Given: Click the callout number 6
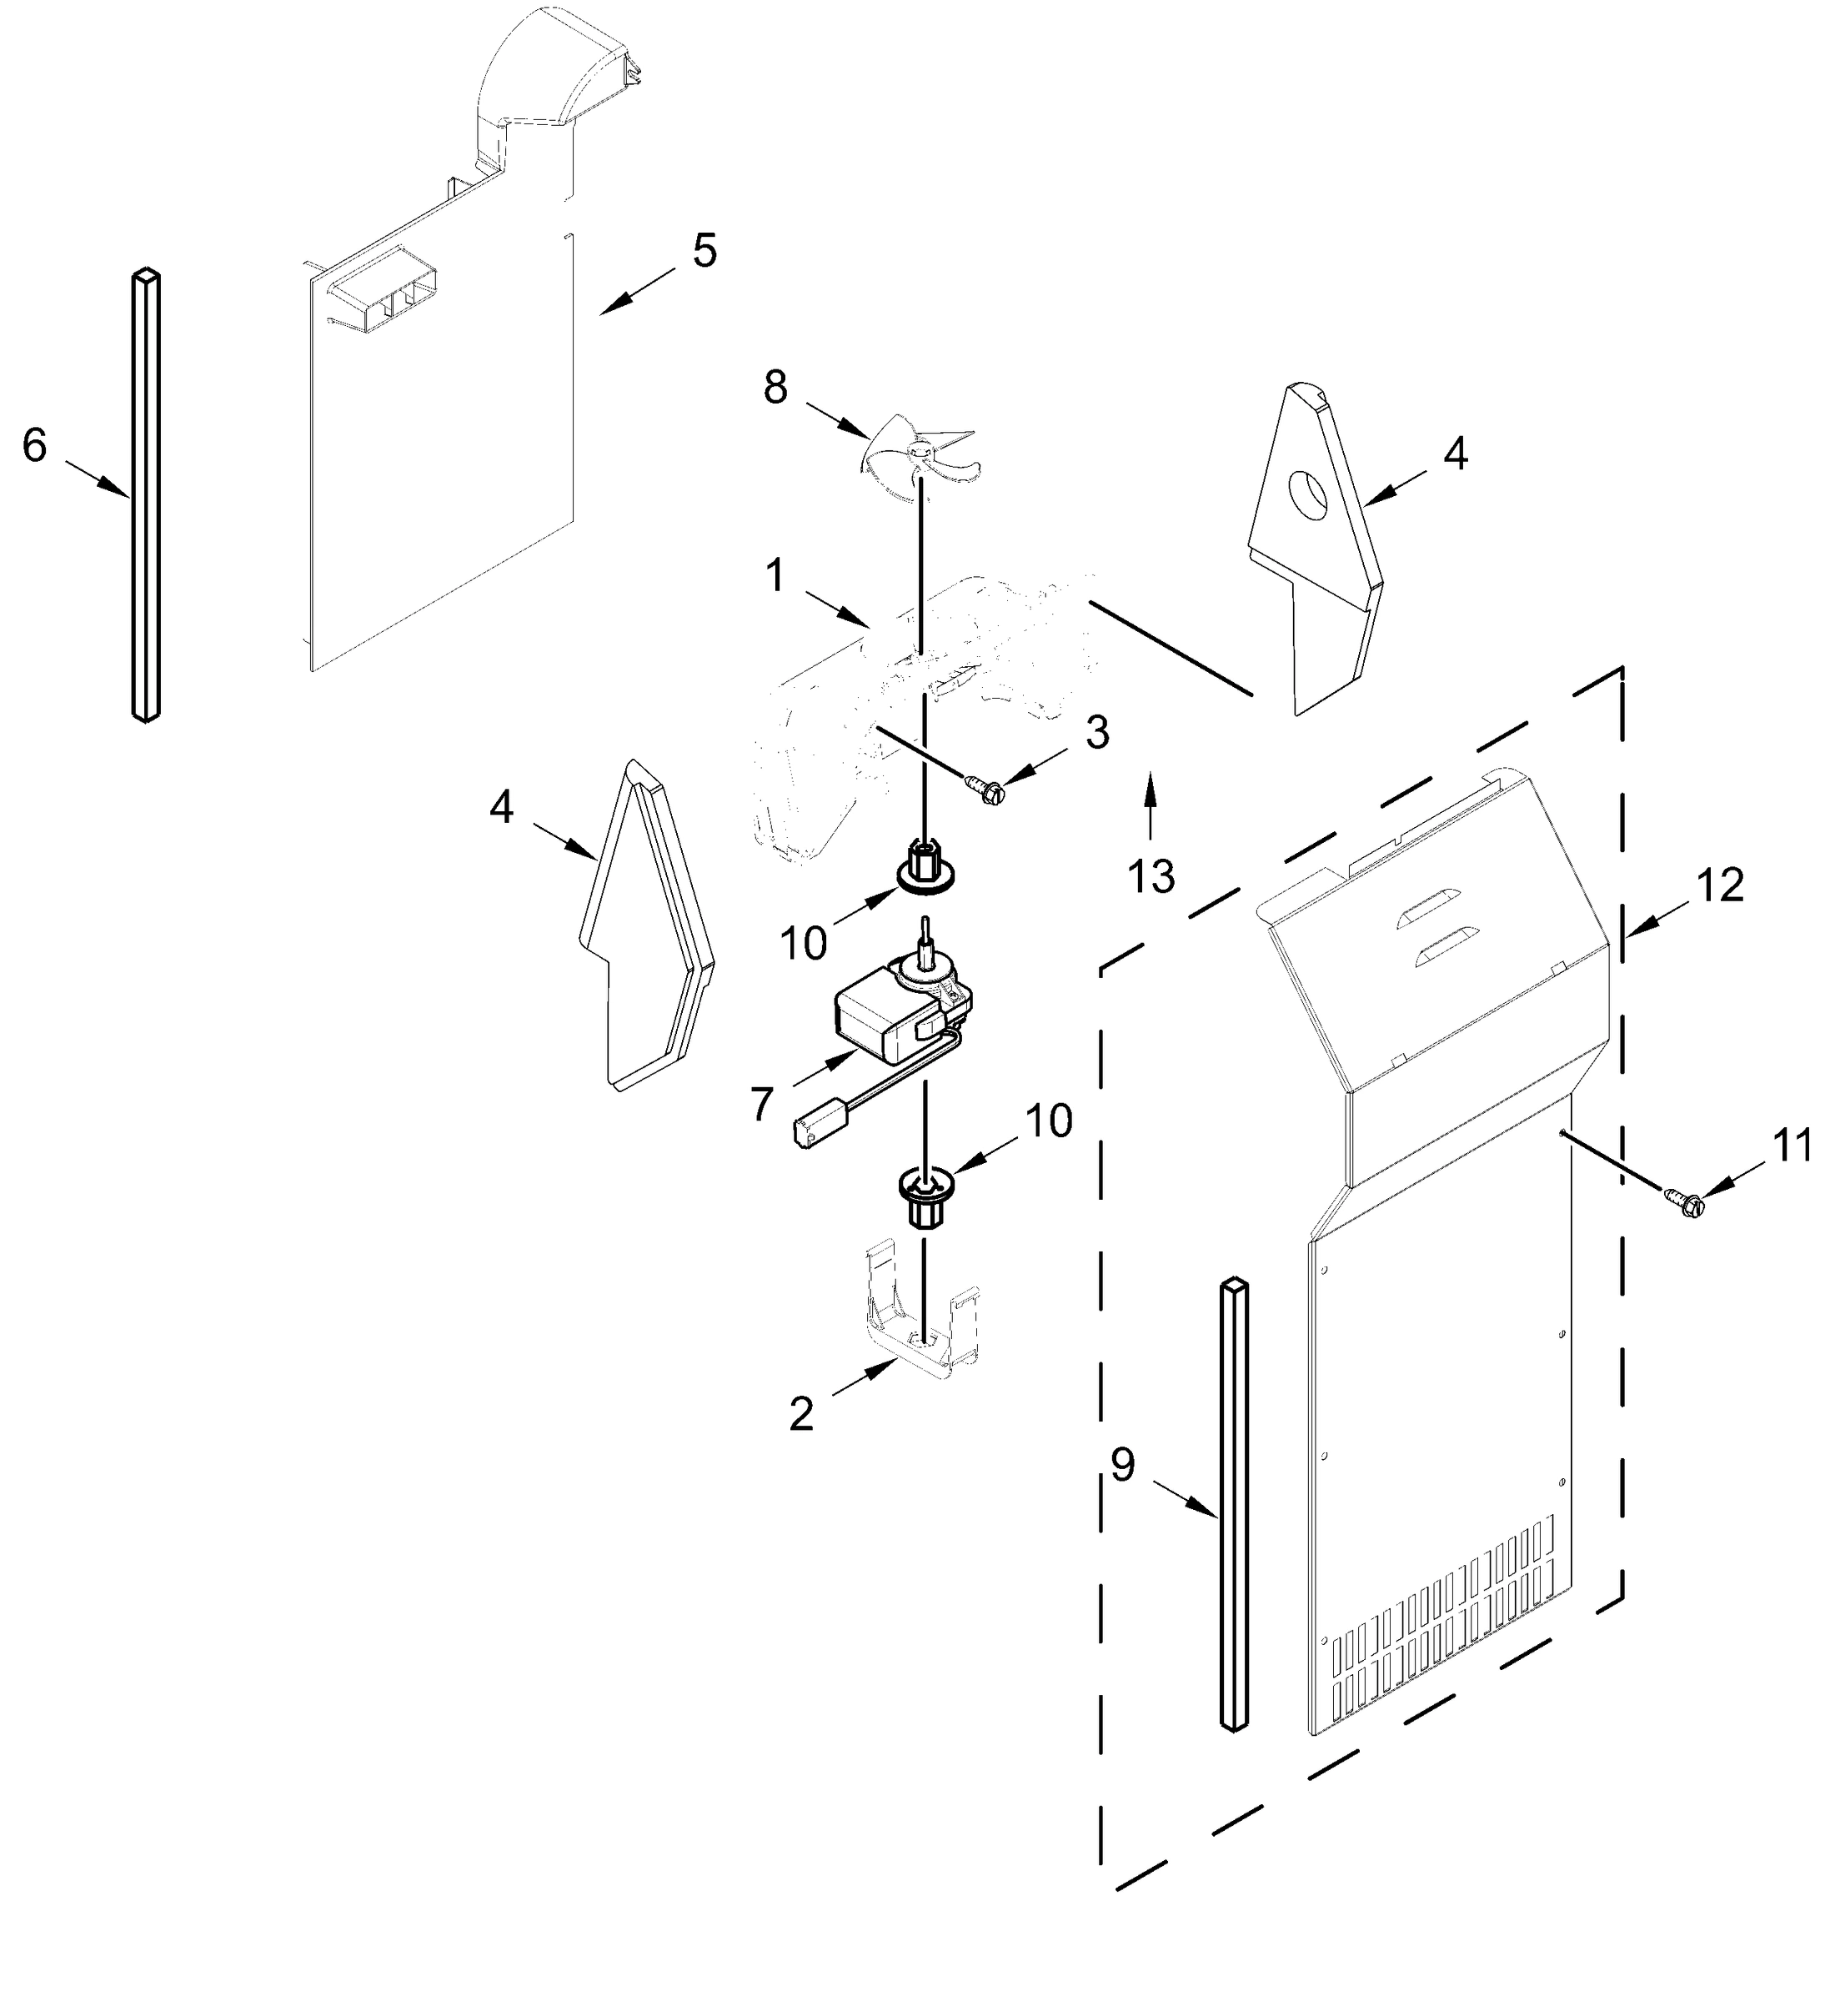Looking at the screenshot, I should tap(35, 445).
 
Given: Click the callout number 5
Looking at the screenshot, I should tap(704, 251).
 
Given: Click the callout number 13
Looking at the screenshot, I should tap(1151, 875).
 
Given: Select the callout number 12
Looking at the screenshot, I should tap(1719, 885).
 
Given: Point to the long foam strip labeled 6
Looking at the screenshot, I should tap(146, 494).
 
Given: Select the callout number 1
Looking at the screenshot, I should tap(775, 576).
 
